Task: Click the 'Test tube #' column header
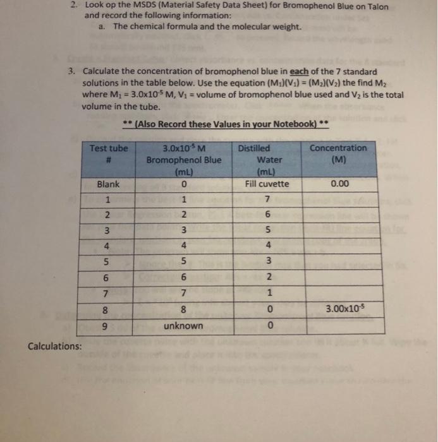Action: [109, 153]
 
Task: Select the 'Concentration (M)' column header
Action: [338, 153]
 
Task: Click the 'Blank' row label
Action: [109, 184]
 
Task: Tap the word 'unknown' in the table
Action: [183, 326]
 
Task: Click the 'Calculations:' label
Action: [55, 346]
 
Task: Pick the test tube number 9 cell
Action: [109, 326]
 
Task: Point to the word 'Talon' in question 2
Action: [374, 6]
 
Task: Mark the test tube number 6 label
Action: [109, 277]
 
